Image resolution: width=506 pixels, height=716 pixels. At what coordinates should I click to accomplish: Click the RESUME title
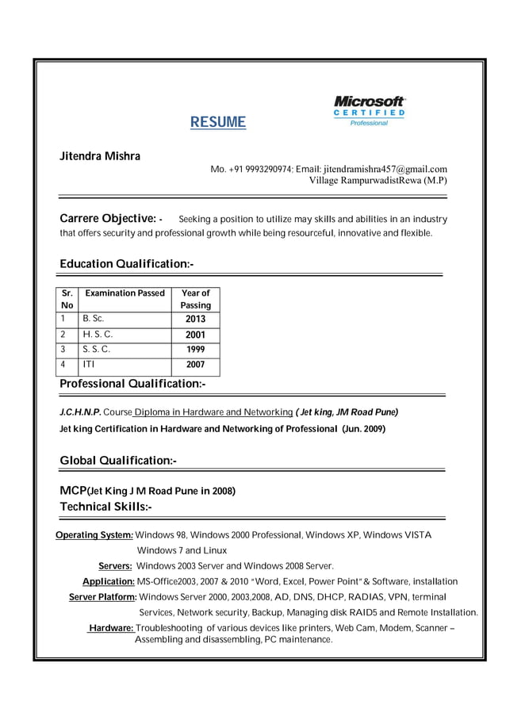click(218, 122)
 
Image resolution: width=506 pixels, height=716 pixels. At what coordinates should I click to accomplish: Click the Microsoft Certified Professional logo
click(369, 111)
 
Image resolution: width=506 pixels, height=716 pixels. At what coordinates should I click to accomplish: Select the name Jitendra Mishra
click(100, 156)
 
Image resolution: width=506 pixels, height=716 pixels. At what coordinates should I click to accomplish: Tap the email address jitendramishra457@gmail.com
click(385, 169)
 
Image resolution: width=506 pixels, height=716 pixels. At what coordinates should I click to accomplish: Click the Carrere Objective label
click(108, 218)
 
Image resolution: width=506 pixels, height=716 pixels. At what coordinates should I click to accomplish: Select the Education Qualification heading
click(127, 263)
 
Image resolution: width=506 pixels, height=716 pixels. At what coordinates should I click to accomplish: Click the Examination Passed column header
click(125, 293)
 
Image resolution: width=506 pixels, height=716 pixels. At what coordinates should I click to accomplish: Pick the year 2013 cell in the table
click(195, 319)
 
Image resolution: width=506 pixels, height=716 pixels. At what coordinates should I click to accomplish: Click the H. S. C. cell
click(98, 334)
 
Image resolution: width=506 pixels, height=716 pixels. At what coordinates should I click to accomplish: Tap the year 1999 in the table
click(195, 349)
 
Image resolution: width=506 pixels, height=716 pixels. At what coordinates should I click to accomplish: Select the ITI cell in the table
click(88, 364)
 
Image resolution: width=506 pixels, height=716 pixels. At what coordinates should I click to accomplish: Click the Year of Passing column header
click(195, 299)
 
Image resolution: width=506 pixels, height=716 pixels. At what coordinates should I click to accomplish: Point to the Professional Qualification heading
click(132, 384)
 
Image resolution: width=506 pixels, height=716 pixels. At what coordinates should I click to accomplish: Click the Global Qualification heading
click(118, 461)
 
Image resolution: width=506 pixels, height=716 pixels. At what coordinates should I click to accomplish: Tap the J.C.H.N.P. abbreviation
click(80, 412)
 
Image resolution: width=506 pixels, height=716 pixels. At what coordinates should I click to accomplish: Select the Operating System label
click(94, 535)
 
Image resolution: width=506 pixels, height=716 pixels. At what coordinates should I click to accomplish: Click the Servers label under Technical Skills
click(115, 566)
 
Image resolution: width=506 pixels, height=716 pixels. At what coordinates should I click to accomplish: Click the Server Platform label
click(103, 597)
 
